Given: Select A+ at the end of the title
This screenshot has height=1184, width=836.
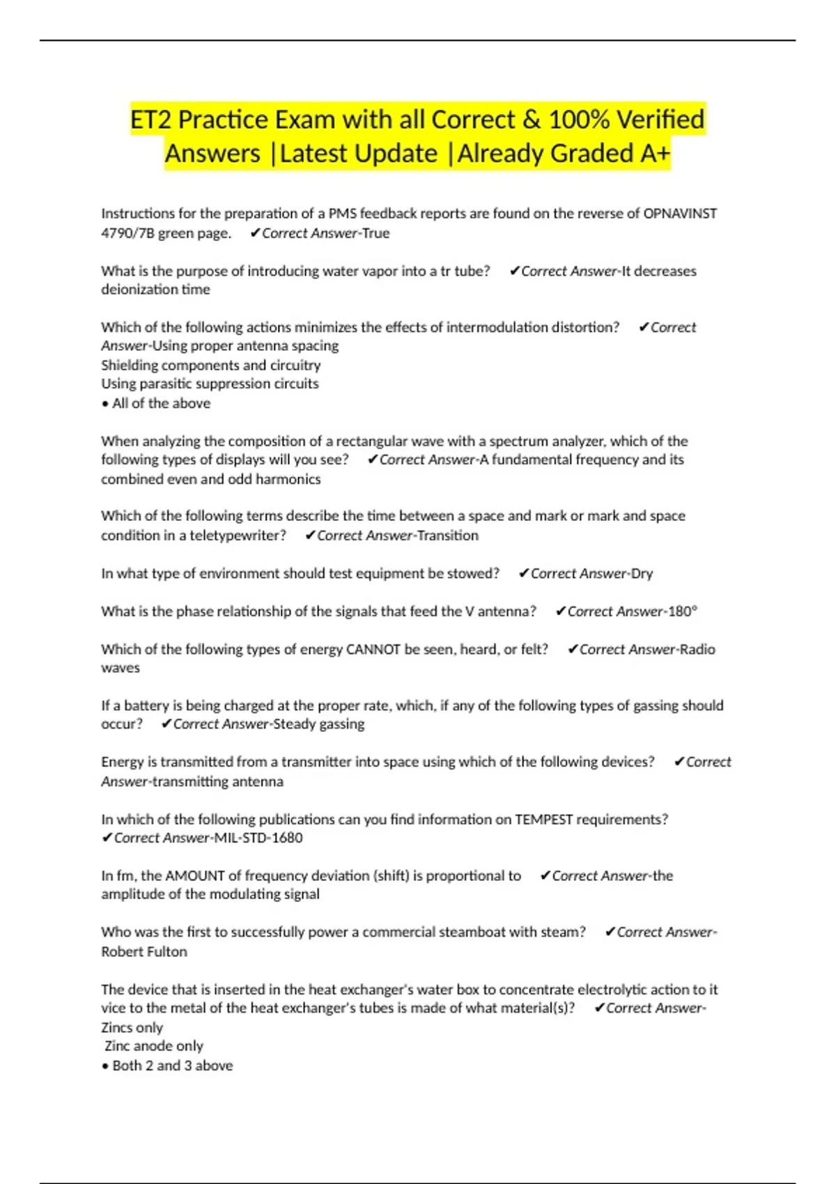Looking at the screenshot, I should [654, 153].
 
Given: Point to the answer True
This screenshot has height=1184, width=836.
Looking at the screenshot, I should [376, 233].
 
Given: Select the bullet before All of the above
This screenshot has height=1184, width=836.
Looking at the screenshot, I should [105, 404].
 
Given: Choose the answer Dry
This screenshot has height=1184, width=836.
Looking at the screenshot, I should [642, 574].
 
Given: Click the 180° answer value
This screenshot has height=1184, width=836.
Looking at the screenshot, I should [683, 612].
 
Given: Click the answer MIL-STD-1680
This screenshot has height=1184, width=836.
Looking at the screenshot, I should [258, 838].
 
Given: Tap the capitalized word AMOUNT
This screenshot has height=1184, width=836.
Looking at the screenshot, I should [194, 876].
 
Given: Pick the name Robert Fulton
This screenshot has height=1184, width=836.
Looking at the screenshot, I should [144, 952].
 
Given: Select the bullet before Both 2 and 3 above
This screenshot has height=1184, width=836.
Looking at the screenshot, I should [105, 1066].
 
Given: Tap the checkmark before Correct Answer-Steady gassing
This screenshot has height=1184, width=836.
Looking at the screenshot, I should [166, 724].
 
